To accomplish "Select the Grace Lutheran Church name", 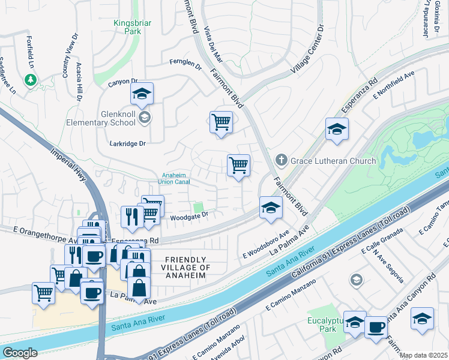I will pos(333,161).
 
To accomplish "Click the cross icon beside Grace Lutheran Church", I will pos(280,160).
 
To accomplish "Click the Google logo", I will pos(19,352).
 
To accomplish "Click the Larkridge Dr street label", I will pos(128,144).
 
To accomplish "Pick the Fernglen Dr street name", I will pos(185,61).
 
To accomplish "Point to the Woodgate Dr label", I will pos(189,214).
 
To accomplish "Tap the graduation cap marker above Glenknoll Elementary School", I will pos(142,94).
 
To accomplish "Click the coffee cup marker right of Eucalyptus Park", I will pos(376,327).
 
